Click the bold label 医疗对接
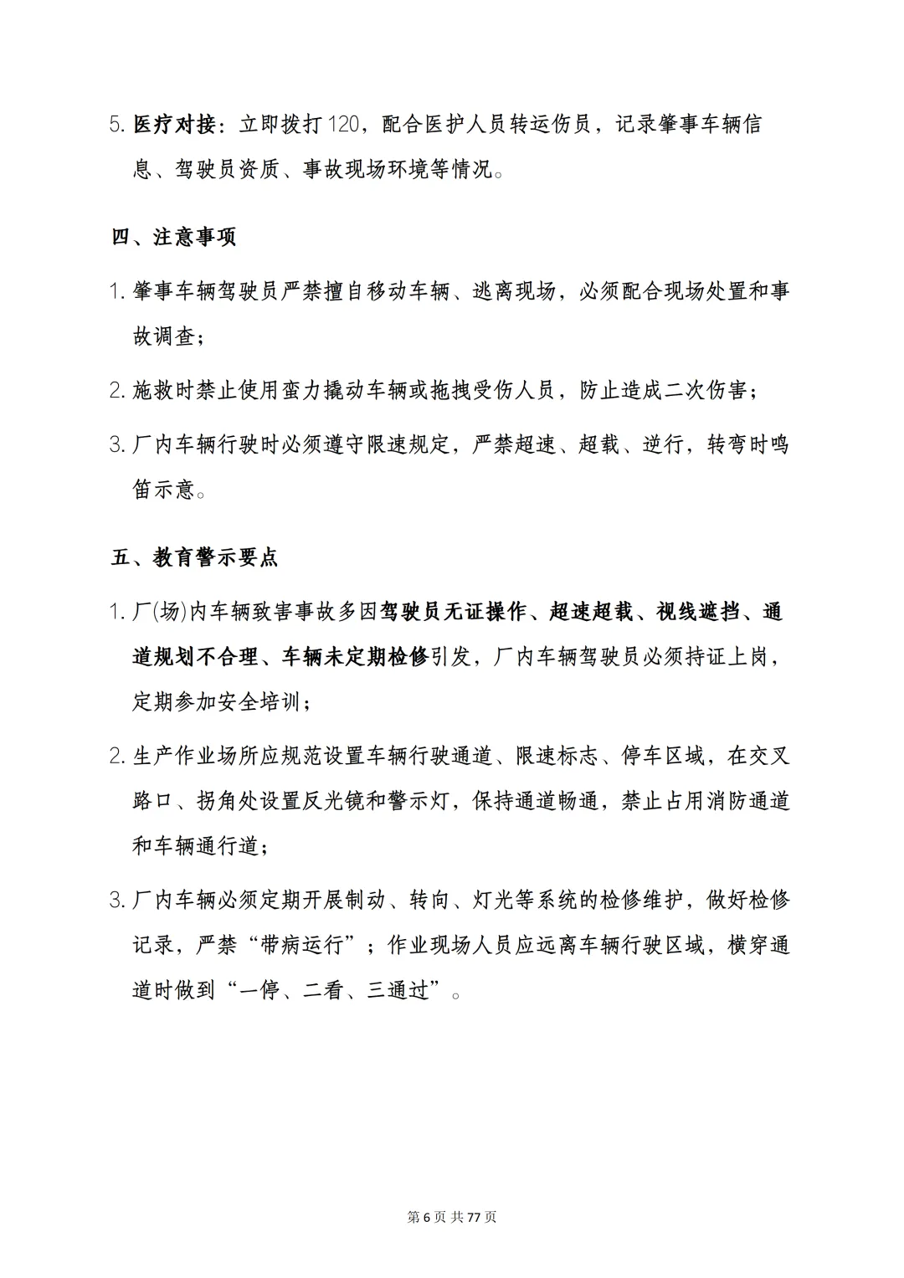174,125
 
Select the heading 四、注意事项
174,237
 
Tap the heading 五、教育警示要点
195,557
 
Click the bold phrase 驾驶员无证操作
454,612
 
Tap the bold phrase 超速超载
591,612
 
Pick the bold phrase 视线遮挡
698,612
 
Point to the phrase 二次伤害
706,390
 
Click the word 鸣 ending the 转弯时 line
779,444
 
